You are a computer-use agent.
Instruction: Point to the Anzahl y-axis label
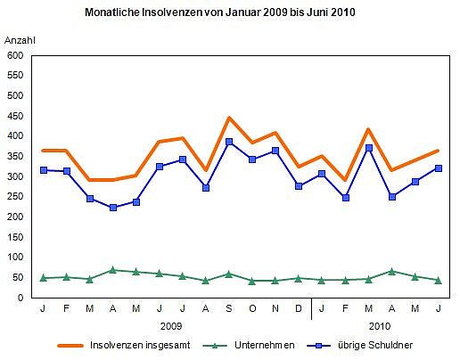click(x=21, y=41)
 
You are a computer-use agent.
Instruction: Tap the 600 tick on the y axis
click(x=15, y=55)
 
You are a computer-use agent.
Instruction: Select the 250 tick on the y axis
click(x=15, y=197)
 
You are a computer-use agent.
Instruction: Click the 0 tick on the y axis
click(x=21, y=298)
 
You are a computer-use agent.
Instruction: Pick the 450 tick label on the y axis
click(x=15, y=116)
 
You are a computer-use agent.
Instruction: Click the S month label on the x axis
click(x=229, y=309)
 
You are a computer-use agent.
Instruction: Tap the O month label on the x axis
click(x=252, y=309)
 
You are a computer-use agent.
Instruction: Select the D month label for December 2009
click(x=299, y=309)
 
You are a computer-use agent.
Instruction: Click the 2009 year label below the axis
click(x=171, y=326)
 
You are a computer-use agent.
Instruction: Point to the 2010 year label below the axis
click(x=380, y=326)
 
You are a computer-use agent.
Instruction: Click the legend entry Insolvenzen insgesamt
click(x=139, y=345)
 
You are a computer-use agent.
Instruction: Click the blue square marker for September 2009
click(x=229, y=142)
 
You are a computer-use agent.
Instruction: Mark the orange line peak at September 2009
click(x=229, y=118)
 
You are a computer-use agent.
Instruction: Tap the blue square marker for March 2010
click(x=368, y=148)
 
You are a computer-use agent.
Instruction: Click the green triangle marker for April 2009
click(x=112, y=269)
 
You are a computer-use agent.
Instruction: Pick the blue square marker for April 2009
click(x=112, y=208)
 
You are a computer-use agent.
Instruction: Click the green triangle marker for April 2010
click(x=391, y=271)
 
